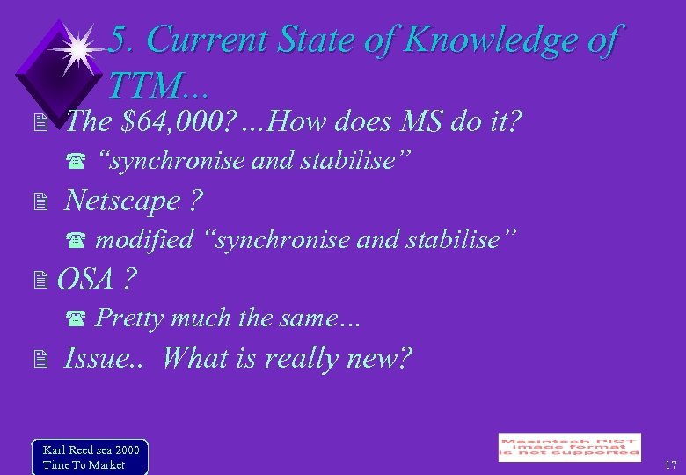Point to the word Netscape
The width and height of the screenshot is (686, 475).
tap(122, 201)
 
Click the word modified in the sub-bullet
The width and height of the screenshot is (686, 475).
tap(143, 239)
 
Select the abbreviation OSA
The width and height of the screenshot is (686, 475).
tap(85, 279)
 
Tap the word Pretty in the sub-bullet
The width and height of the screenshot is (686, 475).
tap(129, 318)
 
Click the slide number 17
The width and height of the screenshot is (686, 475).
tap(670, 464)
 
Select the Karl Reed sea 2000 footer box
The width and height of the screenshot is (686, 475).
tap(89, 457)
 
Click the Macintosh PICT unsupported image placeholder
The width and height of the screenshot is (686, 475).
tap(569, 447)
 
